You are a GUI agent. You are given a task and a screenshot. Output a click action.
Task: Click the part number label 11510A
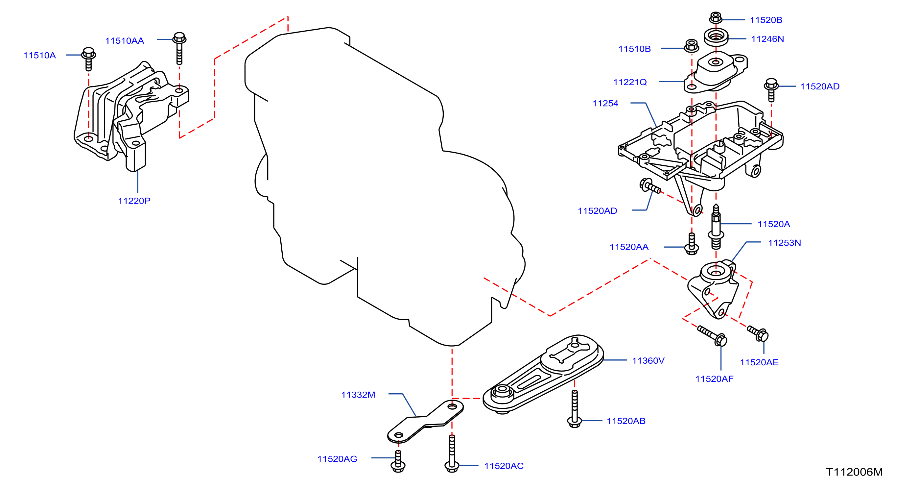tap(39, 55)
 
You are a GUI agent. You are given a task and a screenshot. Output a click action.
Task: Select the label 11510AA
tap(124, 41)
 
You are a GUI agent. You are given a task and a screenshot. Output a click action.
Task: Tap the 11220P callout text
tap(134, 201)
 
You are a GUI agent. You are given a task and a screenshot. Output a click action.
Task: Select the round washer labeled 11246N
tap(716, 37)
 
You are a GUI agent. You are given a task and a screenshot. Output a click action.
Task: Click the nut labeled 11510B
tap(692, 46)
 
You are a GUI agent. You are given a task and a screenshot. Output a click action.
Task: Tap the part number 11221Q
tap(630, 82)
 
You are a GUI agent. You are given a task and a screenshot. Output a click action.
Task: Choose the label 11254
tap(605, 103)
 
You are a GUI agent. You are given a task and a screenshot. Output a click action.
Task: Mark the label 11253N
tap(784, 243)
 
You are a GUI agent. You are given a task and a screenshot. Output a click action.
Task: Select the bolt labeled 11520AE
tap(758, 333)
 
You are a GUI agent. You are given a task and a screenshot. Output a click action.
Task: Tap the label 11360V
tap(648, 361)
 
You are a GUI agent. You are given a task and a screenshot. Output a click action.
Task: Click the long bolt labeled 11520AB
tap(575, 409)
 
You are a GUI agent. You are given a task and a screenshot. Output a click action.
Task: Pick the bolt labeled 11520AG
tap(398, 461)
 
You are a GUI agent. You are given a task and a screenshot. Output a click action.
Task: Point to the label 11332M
tap(358, 395)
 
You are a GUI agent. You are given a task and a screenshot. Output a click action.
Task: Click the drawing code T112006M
tap(854, 472)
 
